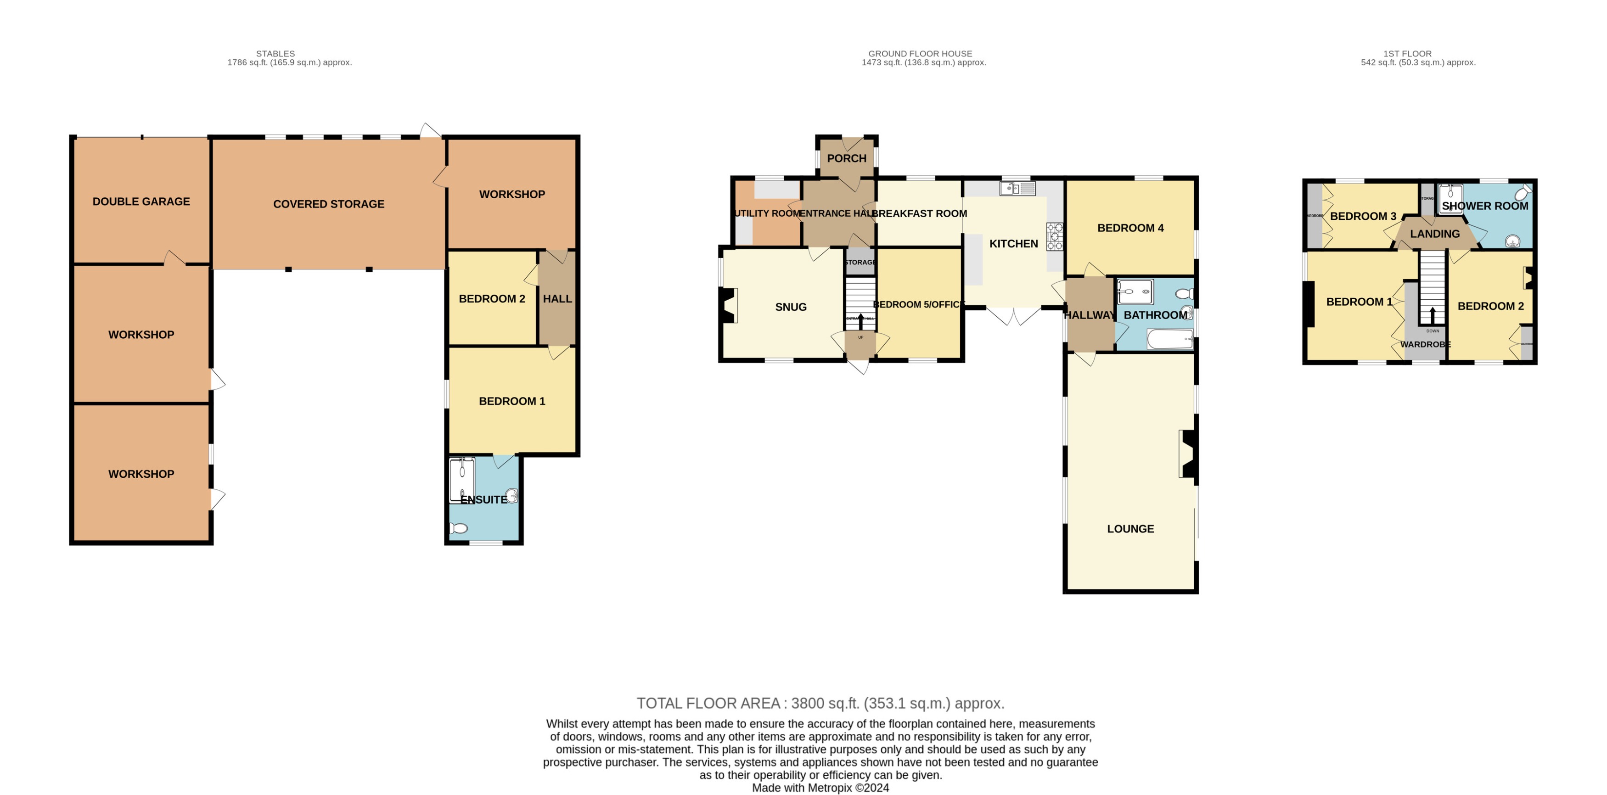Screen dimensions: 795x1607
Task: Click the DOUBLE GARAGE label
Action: tap(141, 202)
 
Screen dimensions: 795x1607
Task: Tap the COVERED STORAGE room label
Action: tap(328, 204)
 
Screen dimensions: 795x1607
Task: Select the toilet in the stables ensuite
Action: tap(459, 528)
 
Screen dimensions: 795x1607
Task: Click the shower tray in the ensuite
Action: tap(461, 480)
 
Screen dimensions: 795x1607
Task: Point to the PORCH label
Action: tap(847, 158)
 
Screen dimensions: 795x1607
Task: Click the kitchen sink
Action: tap(1017, 188)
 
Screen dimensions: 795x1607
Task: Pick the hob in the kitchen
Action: tap(1054, 237)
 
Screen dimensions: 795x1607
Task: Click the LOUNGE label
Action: tap(1130, 529)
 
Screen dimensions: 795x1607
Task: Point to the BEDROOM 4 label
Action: tap(1130, 228)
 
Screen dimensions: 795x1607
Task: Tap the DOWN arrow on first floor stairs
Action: tap(1433, 315)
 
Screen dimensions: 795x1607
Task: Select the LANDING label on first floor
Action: tap(1435, 234)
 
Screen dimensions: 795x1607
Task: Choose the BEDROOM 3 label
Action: tap(1363, 216)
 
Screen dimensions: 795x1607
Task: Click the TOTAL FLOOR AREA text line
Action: tap(820, 703)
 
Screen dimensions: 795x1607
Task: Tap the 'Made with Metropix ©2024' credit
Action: tap(820, 788)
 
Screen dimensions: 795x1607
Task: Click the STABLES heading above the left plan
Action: tap(275, 54)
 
